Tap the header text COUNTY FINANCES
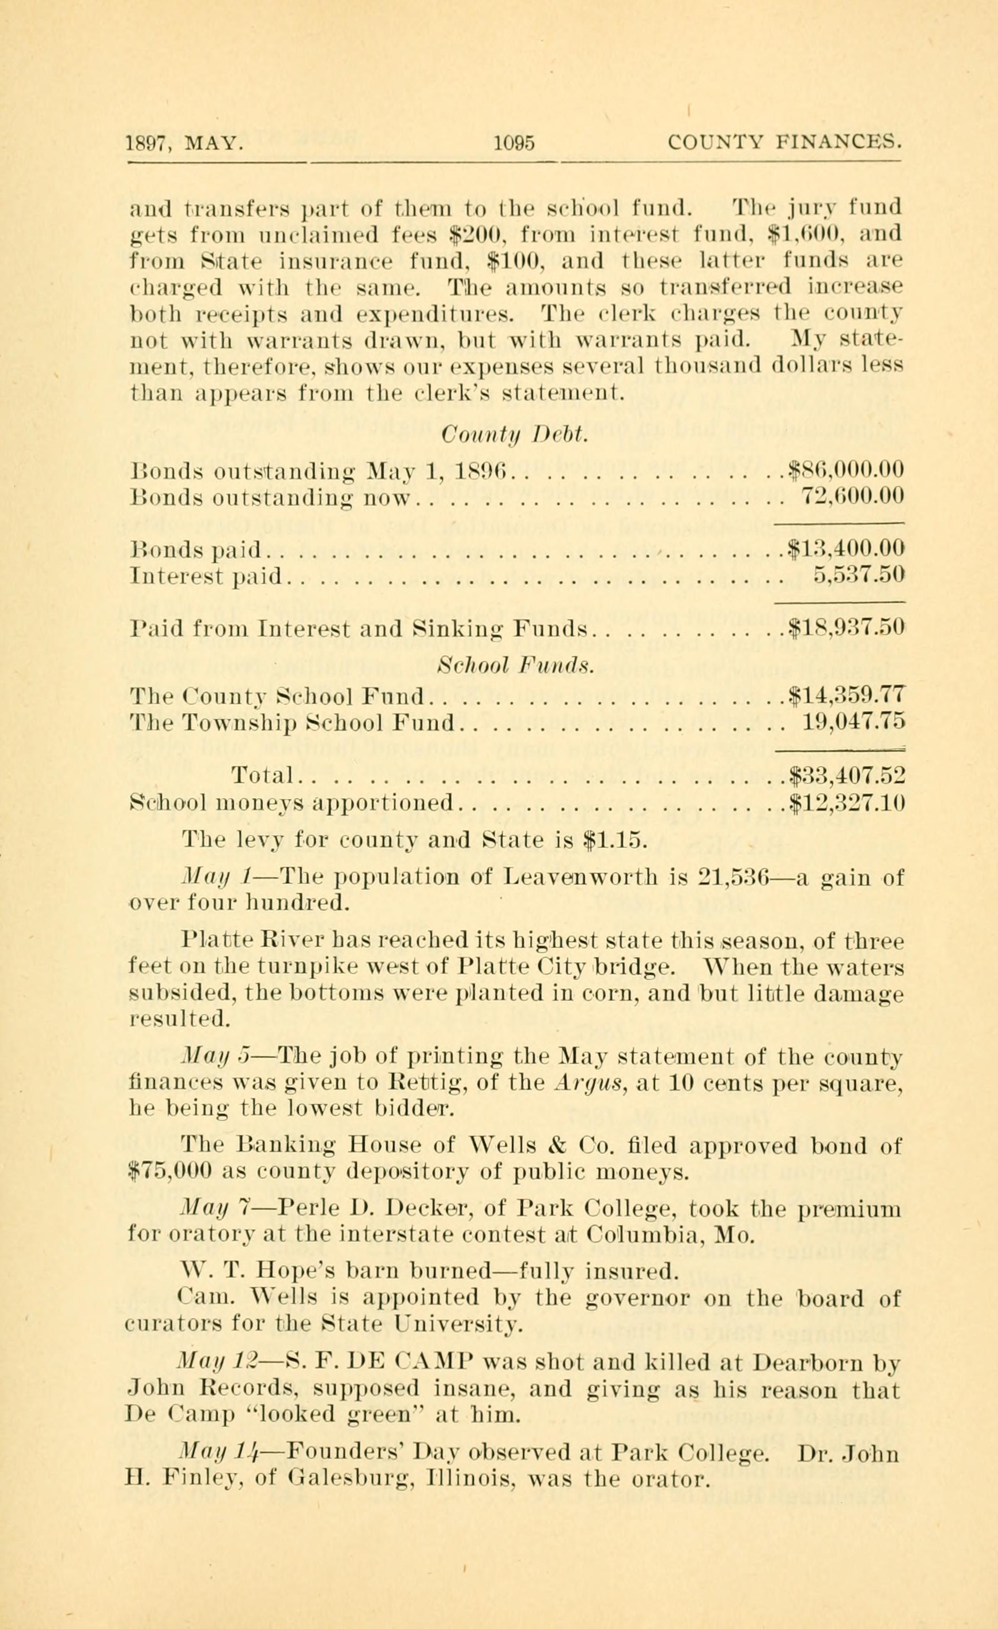point(785,143)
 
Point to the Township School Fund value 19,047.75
point(853,722)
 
